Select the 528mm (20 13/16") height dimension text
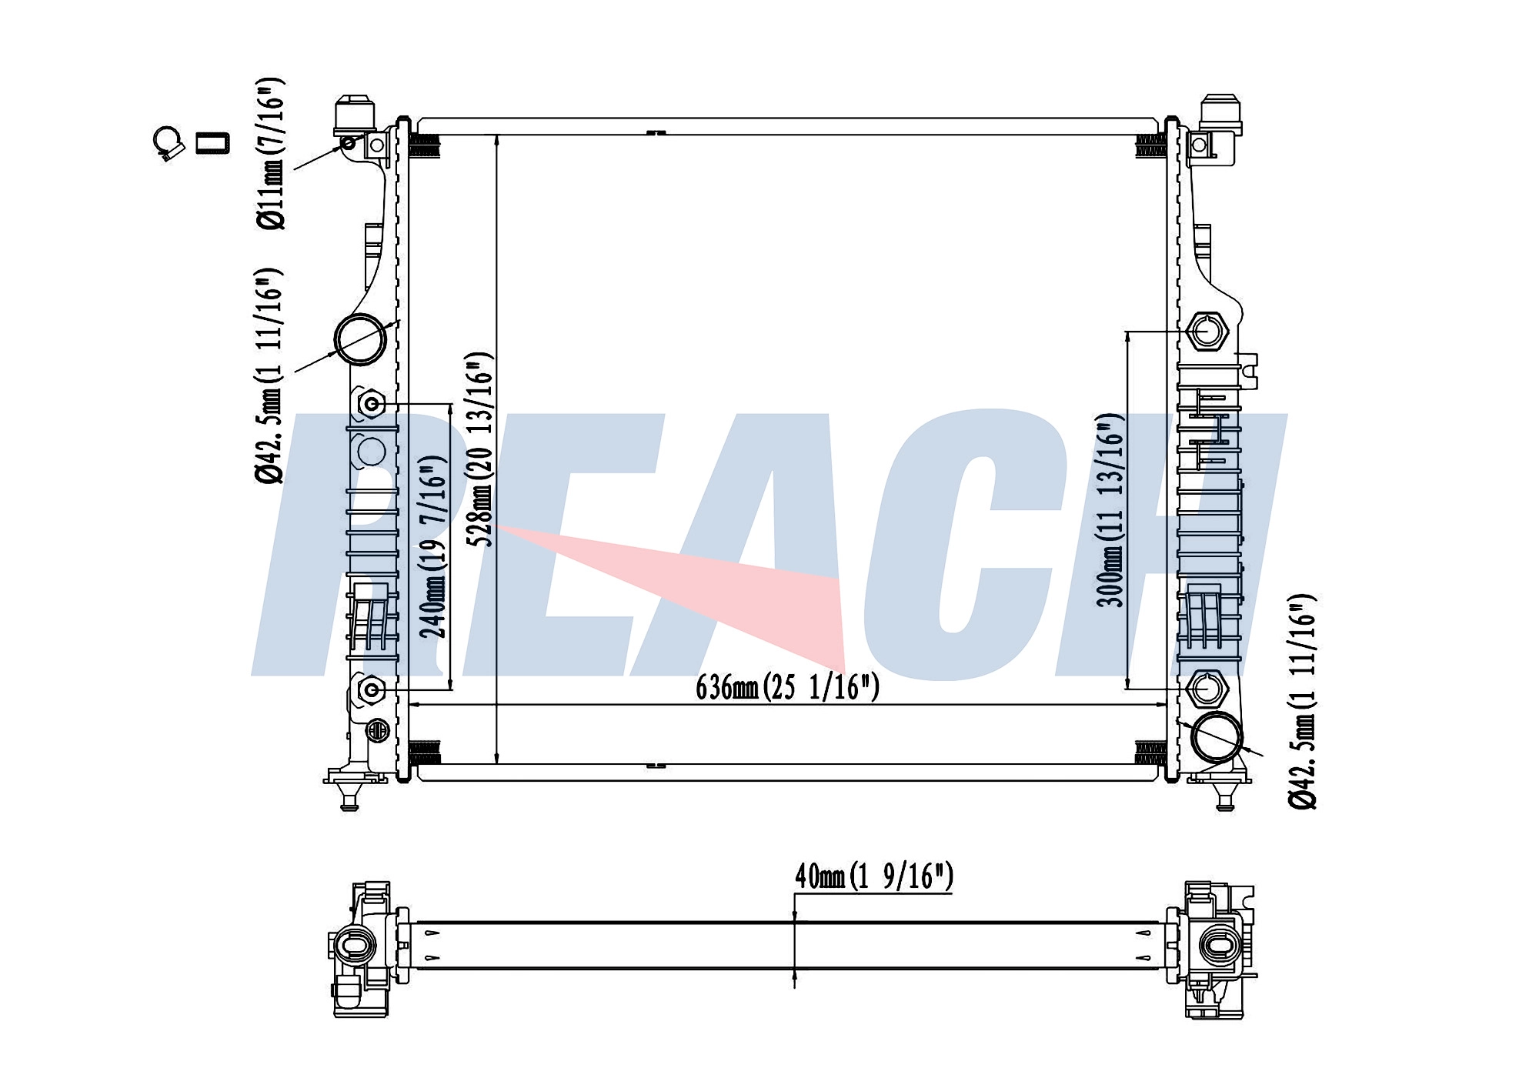click(480, 449)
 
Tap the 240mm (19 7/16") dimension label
click(433, 547)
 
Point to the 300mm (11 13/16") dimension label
click(1111, 510)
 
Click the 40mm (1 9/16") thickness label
click(874, 876)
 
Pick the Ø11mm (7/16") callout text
click(270, 153)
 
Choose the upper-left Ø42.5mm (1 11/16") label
click(269, 375)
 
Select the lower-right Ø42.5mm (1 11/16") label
click(1303, 701)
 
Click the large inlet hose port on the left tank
click(360, 339)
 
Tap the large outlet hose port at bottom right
click(1217, 737)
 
